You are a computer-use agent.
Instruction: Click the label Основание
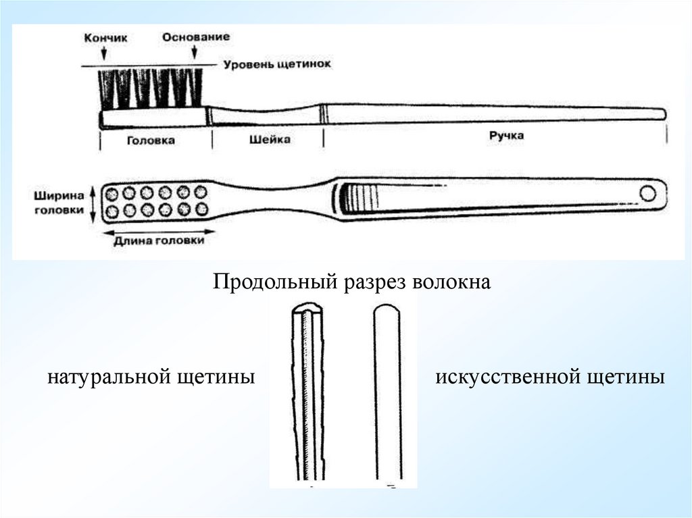[x=195, y=36]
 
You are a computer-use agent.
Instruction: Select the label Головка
[x=151, y=140]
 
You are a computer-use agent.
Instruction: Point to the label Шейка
[x=270, y=139]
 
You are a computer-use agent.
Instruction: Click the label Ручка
[x=506, y=136]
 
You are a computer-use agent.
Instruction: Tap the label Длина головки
[x=159, y=240]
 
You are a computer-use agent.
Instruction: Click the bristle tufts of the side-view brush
[x=151, y=88]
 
